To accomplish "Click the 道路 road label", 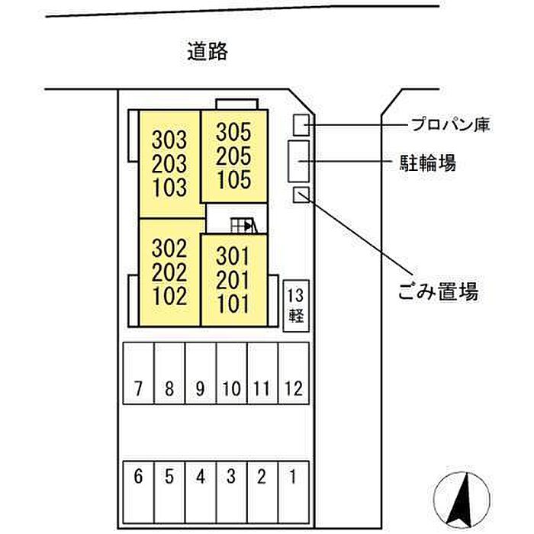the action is click(207, 52).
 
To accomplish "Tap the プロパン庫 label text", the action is click(450, 124).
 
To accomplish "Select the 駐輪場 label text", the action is click(428, 162).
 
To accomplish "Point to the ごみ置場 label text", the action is click(438, 291).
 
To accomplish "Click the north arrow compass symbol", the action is click(462, 499).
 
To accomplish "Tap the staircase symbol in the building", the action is click(244, 225).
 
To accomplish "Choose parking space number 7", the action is click(138, 373).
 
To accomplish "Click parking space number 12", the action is click(294, 373).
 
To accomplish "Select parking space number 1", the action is click(294, 492).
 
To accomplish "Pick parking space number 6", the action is click(138, 492).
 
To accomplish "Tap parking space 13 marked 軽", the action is click(296, 306).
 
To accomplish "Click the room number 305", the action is click(233, 132).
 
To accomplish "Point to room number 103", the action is click(169, 188).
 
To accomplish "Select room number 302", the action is click(169, 248).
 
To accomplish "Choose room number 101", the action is click(233, 304).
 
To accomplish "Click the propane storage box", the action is click(301, 125).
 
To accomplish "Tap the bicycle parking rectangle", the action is click(299, 161).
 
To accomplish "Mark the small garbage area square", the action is click(301, 195).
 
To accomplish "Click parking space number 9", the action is click(200, 373).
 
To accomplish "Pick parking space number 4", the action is click(200, 492).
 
